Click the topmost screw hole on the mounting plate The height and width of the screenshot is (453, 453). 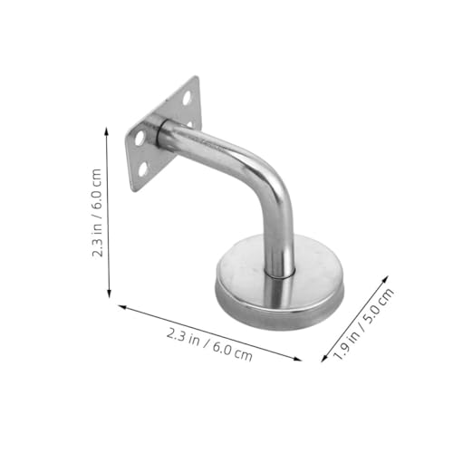click(x=187, y=94)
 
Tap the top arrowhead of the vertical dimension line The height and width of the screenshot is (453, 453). click(x=109, y=129)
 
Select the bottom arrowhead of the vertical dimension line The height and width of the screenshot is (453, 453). click(x=109, y=295)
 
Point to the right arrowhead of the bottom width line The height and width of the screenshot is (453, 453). click(x=300, y=360)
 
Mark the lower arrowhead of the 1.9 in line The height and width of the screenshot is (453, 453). click(x=323, y=361)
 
